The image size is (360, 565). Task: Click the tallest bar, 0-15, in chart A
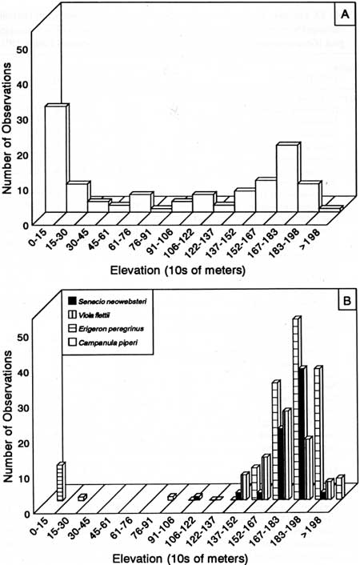[x=56, y=158]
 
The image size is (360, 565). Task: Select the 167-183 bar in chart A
[x=287, y=178]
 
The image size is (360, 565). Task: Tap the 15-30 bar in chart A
[x=78, y=198]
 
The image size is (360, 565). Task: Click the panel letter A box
[x=345, y=14]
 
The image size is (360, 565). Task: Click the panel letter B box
[x=346, y=301]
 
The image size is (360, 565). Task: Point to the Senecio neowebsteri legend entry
[x=107, y=301]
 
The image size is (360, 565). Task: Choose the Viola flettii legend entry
[x=89, y=315]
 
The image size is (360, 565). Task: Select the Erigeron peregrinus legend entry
[x=106, y=329]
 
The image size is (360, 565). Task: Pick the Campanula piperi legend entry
[x=102, y=343]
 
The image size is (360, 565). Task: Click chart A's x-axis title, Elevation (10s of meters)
[x=178, y=270]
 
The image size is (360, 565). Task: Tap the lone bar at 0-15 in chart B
[x=62, y=481]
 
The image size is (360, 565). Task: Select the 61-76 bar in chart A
[x=141, y=202]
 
